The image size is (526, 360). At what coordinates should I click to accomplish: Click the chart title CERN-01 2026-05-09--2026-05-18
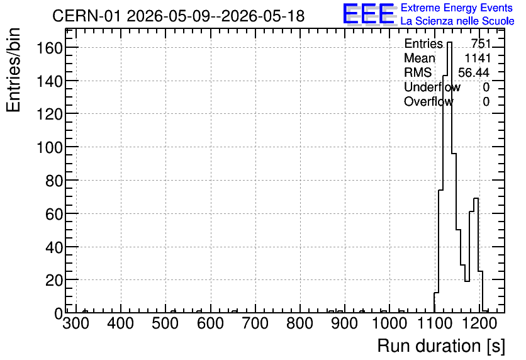pyautogui.click(x=179, y=16)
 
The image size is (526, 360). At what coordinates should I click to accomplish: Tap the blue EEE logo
pyautogui.click(x=369, y=14)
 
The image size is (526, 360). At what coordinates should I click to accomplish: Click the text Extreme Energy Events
pyautogui.click(x=457, y=8)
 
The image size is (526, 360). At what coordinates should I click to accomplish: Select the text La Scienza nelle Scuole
pyautogui.click(x=457, y=21)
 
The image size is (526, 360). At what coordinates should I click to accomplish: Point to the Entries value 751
pyautogui.click(x=481, y=43)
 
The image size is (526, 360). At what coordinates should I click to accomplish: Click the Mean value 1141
pyautogui.click(x=478, y=58)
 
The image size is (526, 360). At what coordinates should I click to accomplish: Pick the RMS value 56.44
pyautogui.click(x=474, y=72)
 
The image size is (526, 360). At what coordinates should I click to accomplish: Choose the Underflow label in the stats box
pyautogui.click(x=432, y=87)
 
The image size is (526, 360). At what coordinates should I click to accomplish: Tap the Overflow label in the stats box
pyautogui.click(x=428, y=101)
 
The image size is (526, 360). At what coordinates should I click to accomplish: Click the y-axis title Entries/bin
pyautogui.click(x=14, y=70)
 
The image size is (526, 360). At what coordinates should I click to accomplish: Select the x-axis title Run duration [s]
pyautogui.click(x=441, y=346)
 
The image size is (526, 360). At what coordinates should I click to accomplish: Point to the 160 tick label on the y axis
pyautogui.click(x=50, y=48)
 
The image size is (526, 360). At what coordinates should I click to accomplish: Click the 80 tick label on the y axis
pyautogui.click(x=54, y=181)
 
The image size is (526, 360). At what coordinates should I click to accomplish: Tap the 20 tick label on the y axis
pyautogui.click(x=54, y=280)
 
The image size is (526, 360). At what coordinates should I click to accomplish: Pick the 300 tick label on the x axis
pyautogui.click(x=76, y=323)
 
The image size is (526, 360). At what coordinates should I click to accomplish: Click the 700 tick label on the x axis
pyautogui.click(x=255, y=323)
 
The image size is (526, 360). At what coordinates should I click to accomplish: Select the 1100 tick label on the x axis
pyautogui.click(x=434, y=323)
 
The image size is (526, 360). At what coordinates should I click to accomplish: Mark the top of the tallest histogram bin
pyautogui.click(x=449, y=42)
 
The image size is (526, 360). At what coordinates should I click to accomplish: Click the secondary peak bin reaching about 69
pyautogui.click(x=476, y=199)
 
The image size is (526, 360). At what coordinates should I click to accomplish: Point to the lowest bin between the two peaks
pyautogui.click(x=467, y=281)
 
